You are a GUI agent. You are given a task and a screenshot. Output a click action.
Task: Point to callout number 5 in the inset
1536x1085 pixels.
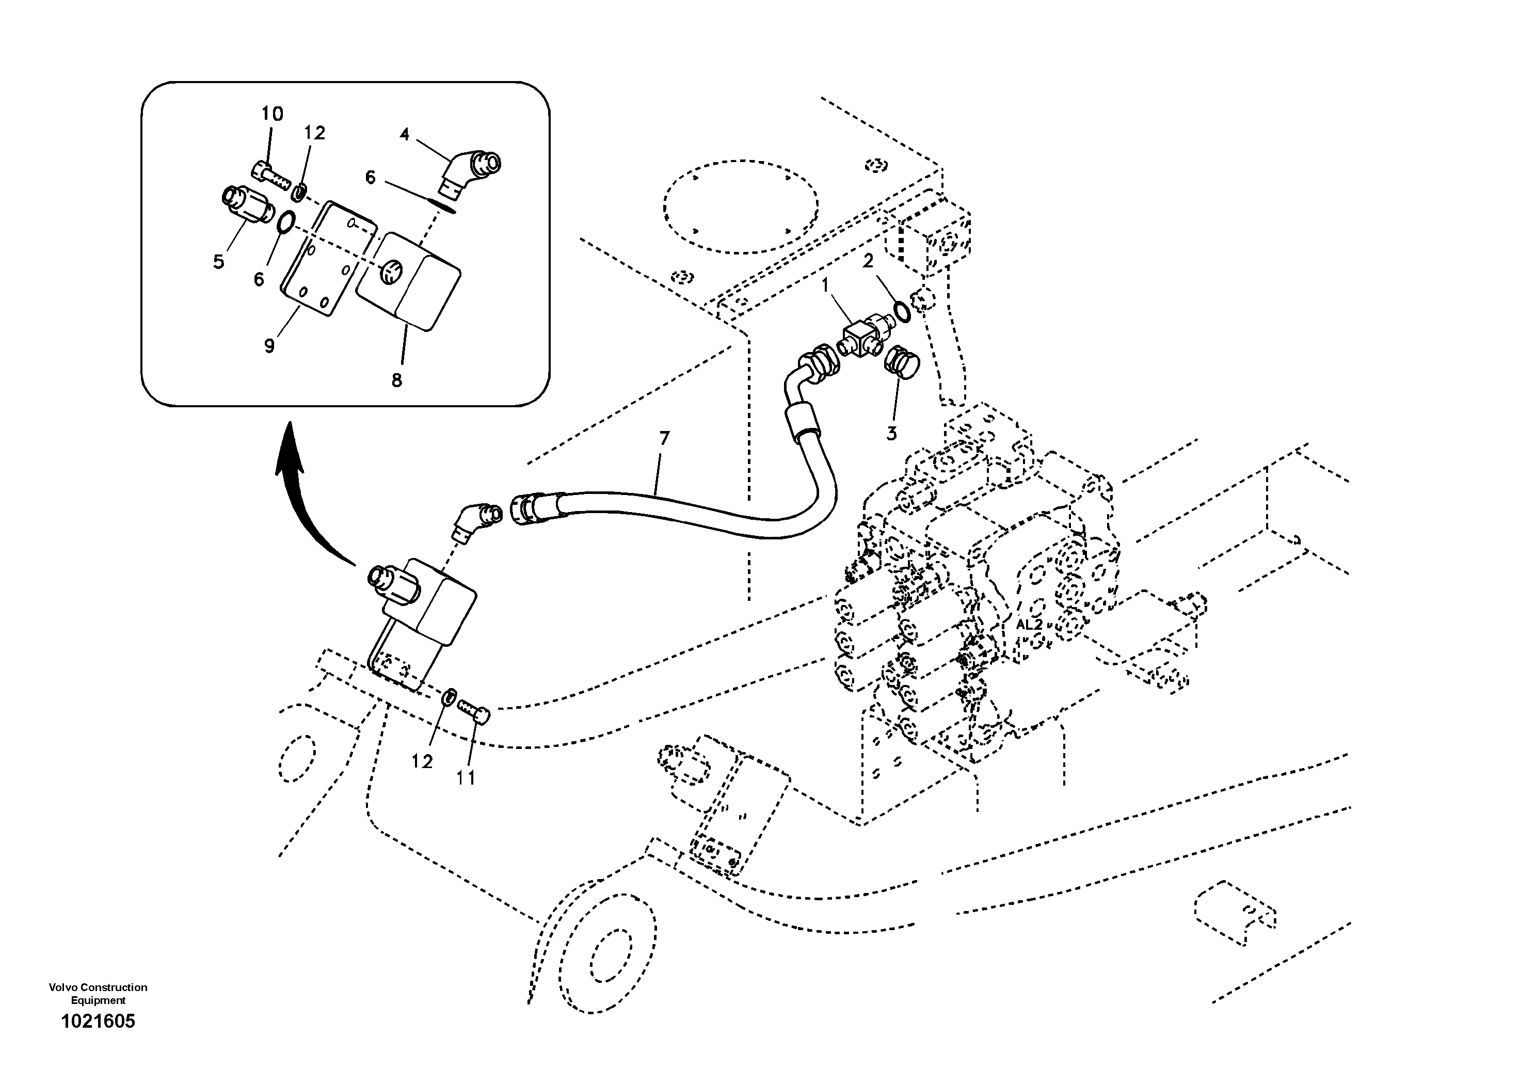pyautogui.click(x=219, y=262)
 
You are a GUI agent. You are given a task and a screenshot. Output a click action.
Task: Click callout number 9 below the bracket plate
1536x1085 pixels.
pyautogui.click(x=269, y=346)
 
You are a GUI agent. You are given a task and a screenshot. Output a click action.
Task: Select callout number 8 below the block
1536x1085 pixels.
pyautogui.click(x=397, y=380)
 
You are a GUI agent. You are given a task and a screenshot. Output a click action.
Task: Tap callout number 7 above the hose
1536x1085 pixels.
pyautogui.click(x=664, y=439)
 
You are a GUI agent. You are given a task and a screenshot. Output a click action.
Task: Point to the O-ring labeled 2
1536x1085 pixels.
pyautogui.click(x=902, y=312)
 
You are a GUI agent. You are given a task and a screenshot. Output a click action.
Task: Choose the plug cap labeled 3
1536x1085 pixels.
pyautogui.click(x=902, y=364)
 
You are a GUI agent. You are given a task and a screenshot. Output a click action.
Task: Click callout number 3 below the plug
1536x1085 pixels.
pyautogui.click(x=891, y=434)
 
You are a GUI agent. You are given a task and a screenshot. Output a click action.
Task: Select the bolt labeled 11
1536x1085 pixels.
pyautogui.click(x=474, y=709)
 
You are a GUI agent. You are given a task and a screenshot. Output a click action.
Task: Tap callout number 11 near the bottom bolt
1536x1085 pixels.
pyautogui.click(x=466, y=777)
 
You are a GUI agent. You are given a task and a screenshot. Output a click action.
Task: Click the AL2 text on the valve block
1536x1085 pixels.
pyautogui.click(x=1029, y=625)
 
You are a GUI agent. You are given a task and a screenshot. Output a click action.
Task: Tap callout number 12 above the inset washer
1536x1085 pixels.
pyautogui.click(x=314, y=133)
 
